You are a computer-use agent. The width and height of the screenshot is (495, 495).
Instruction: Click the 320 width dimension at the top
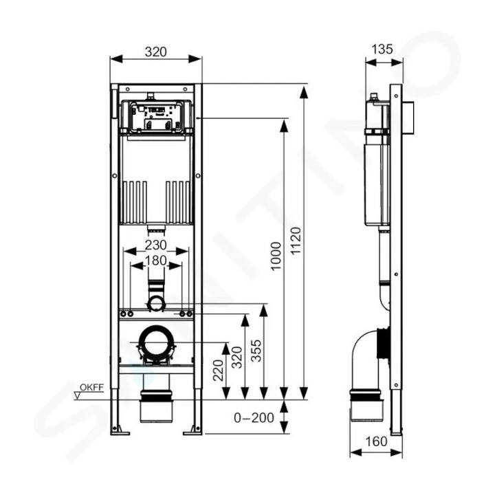156,52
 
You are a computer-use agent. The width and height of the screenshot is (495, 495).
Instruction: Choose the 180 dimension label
156,261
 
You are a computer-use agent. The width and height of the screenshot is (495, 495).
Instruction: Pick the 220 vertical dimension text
217,371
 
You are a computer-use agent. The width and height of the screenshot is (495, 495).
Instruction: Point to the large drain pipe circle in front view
155,341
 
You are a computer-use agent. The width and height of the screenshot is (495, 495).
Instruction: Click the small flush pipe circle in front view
156,303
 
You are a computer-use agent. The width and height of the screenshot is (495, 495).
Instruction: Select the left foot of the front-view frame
122,431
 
